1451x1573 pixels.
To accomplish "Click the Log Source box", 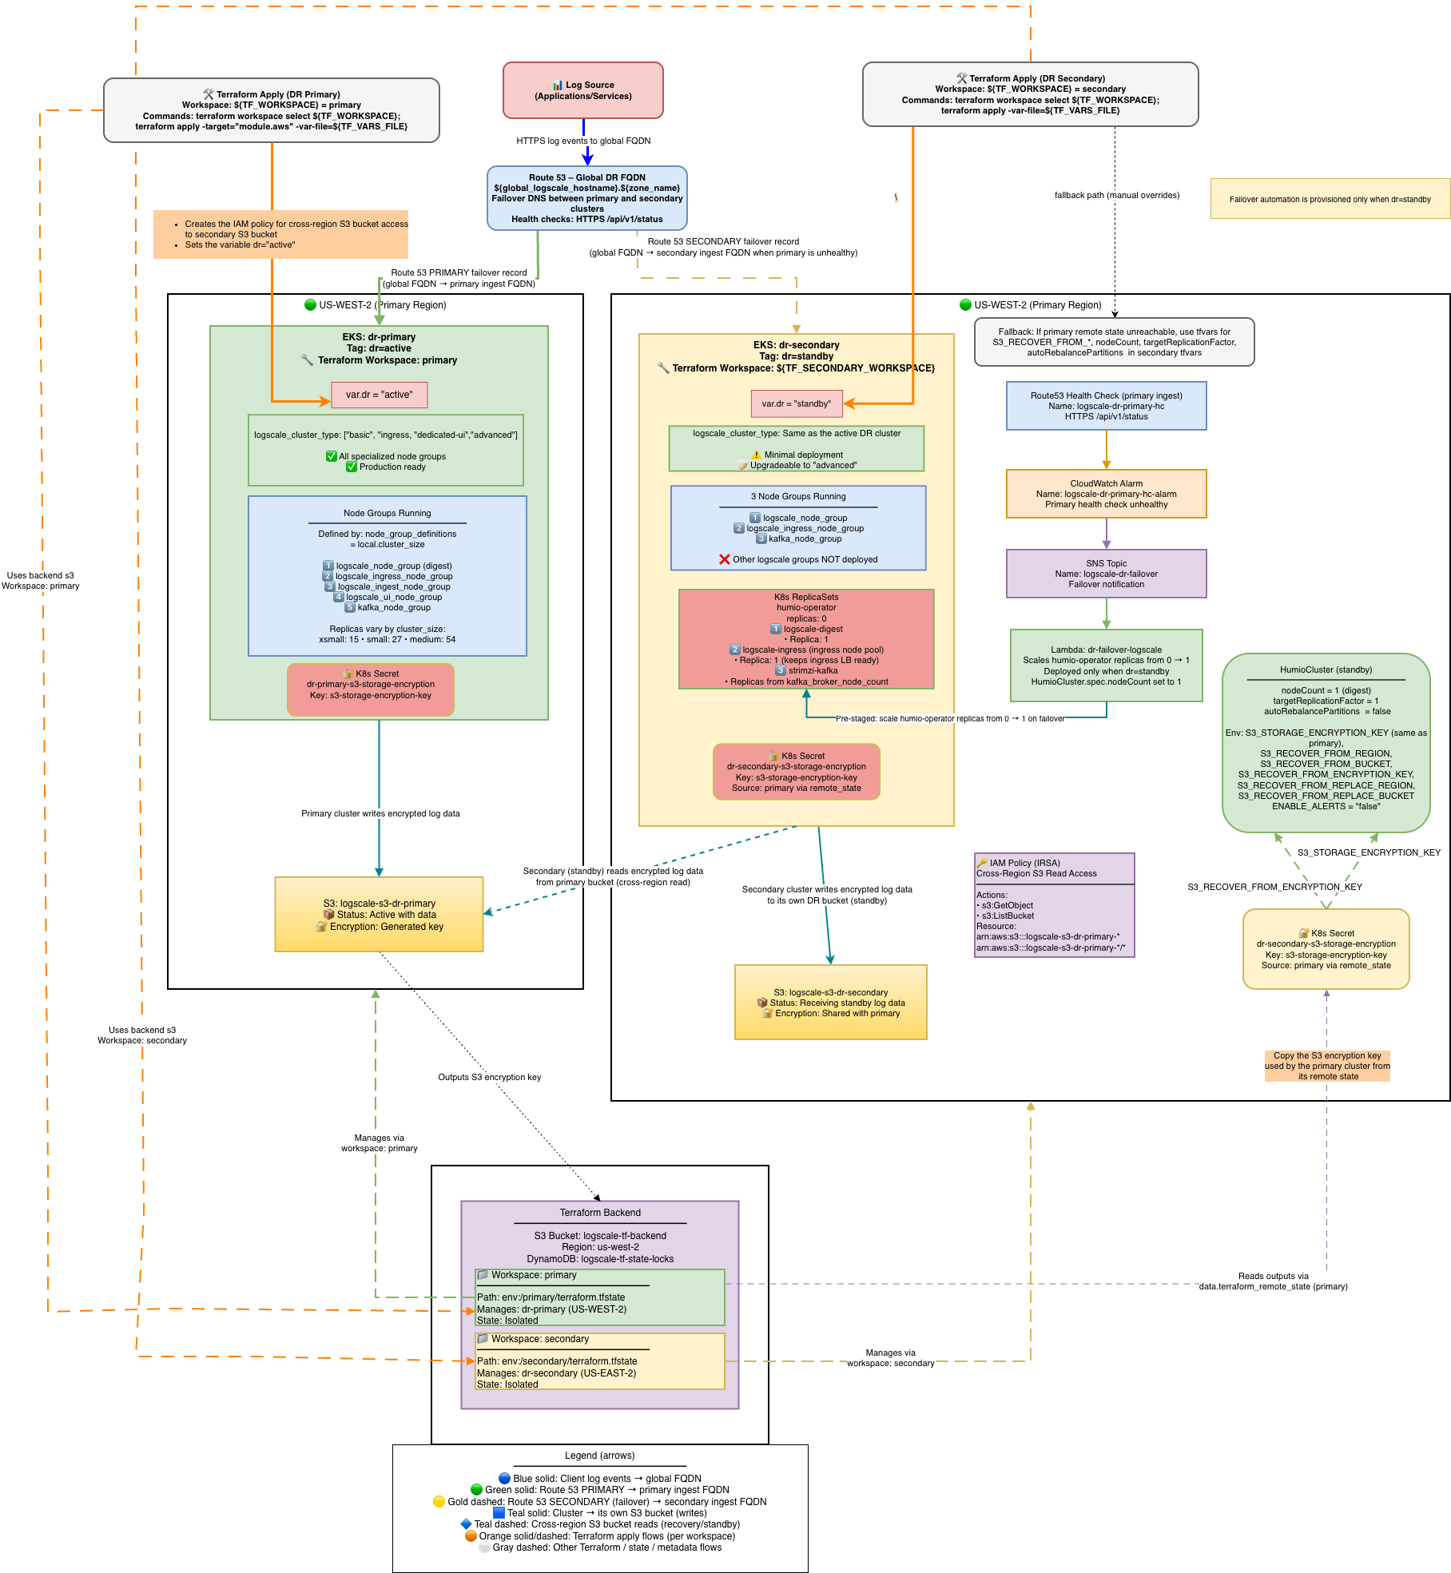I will (x=582, y=90).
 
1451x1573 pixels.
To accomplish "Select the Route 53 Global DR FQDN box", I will (x=586, y=198).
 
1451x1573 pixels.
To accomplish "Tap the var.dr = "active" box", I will (x=379, y=395).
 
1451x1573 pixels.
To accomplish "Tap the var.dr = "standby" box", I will (x=796, y=403).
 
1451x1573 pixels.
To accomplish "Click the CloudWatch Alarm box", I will (x=1106, y=494).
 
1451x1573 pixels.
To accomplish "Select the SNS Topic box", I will (x=1106, y=574).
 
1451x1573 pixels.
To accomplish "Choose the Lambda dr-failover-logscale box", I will (x=1106, y=665).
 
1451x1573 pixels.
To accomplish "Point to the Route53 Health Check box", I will (x=1106, y=406).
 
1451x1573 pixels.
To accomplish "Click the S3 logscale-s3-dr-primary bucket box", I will (x=379, y=915).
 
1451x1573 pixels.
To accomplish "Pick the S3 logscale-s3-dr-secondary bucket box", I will (x=830, y=1003).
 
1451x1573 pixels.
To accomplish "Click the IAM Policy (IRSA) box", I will (x=1054, y=905).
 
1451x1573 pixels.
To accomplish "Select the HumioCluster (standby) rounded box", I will (x=1326, y=743).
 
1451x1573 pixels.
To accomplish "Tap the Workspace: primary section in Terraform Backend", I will (x=599, y=1297).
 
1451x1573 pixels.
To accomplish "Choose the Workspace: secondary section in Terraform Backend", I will (x=599, y=1361).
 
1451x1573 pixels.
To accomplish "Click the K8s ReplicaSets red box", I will (x=806, y=639).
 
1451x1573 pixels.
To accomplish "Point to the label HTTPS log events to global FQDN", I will (x=583, y=141).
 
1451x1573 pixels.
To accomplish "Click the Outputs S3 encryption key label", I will (x=489, y=1077).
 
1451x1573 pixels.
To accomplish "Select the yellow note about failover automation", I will (x=1330, y=199).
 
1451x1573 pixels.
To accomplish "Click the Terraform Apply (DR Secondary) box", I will (x=1030, y=94).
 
